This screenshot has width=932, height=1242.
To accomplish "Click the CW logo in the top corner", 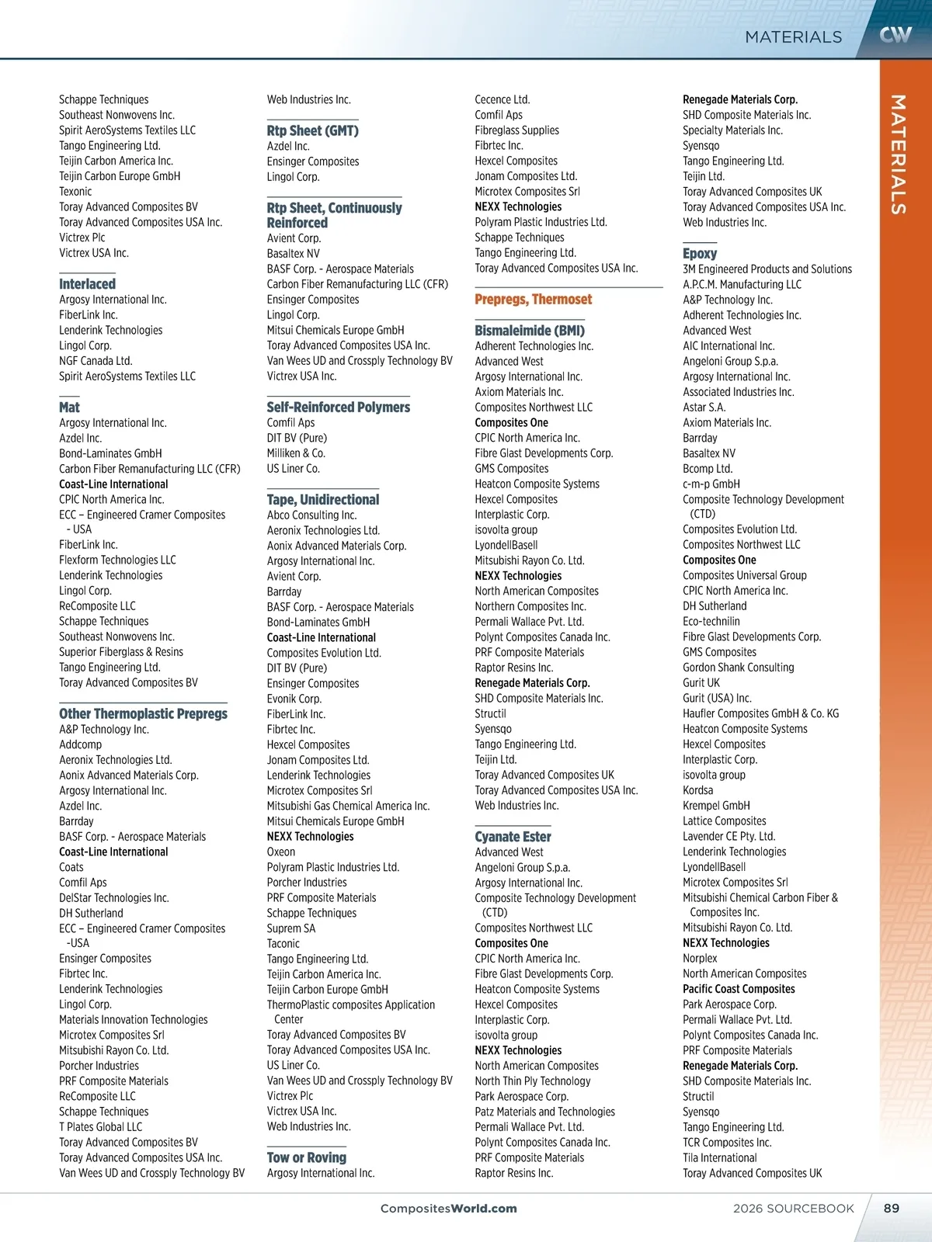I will (895, 34).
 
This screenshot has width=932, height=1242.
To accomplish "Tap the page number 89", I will (892, 1208).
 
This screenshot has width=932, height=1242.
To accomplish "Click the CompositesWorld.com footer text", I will (448, 1209).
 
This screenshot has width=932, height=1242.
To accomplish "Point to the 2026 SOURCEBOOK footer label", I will (793, 1209).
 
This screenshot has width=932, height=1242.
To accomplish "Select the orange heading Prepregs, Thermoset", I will (533, 300).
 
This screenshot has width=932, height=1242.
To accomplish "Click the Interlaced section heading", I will (87, 284).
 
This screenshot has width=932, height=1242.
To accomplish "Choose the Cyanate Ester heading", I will (513, 837).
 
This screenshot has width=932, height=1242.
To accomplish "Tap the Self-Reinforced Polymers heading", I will (338, 407).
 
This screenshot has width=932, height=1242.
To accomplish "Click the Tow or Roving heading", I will (306, 1157).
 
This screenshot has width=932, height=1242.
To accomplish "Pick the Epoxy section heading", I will (699, 253).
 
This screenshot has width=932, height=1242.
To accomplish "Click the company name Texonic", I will (75, 192).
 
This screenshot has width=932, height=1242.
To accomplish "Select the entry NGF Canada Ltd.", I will (96, 361).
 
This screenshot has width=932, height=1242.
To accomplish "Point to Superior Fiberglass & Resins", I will (121, 652).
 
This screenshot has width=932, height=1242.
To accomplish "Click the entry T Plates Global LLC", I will (100, 1127).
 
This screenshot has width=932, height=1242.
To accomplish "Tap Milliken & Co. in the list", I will (296, 453).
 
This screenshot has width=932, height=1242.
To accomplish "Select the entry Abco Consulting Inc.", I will (311, 515).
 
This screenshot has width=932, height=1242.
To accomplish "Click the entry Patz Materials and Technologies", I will (544, 1112).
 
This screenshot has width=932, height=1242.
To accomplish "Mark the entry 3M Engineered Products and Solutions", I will (767, 269).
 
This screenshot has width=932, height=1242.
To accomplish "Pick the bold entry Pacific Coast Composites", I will (739, 989).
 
